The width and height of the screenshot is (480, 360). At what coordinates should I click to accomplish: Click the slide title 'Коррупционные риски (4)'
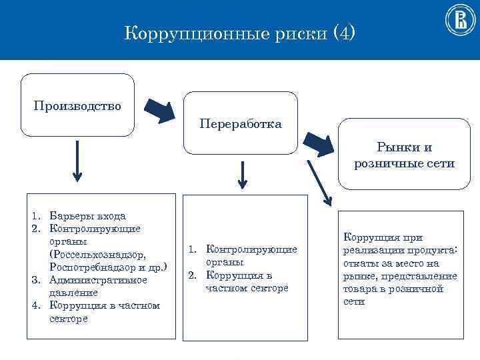[x=240, y=32]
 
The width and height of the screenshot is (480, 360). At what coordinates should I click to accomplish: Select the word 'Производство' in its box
[x=77, y=106]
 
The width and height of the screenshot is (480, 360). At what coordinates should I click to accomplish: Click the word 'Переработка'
[x=240, y=124]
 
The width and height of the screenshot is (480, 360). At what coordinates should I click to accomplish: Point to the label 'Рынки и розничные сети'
[x=405, y=155]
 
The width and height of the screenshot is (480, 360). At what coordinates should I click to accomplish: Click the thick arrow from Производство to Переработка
[x=159, y=111]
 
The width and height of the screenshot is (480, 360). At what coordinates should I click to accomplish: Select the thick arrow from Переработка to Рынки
[x=317, y=143]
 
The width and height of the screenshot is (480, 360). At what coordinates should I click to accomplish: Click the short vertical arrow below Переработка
[x=242, y=175]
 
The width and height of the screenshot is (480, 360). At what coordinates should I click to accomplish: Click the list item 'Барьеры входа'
[x=87, y=215]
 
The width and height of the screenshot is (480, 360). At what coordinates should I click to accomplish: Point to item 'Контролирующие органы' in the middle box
[x=251, y=256]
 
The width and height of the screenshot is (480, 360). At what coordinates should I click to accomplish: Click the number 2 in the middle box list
[x=191, y=275]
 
